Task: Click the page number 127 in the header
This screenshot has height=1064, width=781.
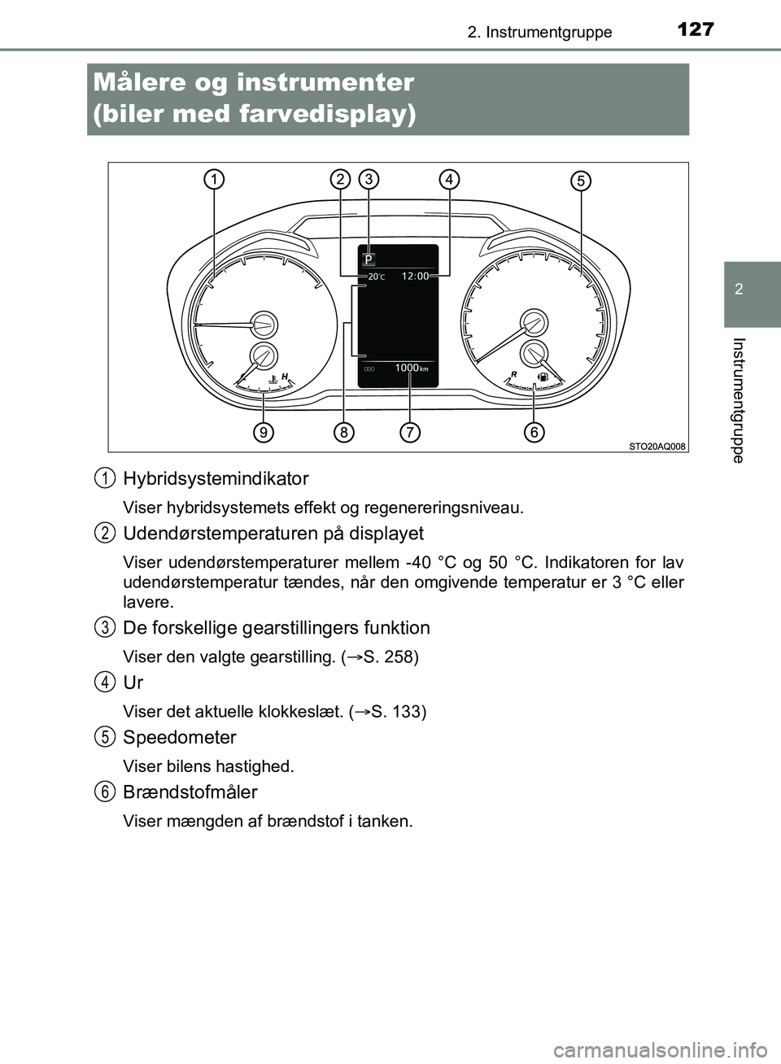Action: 695,29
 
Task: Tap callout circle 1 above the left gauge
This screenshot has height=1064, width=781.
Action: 215,180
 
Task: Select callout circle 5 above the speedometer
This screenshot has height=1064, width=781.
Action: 580,181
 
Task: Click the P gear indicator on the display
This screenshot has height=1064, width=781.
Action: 369,259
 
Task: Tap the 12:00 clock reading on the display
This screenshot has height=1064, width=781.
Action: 415,277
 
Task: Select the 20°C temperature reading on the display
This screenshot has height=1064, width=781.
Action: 376,277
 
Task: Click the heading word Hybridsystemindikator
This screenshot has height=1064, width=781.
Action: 216,478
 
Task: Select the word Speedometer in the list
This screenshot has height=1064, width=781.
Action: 179,737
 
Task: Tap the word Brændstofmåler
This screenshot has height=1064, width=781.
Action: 190,791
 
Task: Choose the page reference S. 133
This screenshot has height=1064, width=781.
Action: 398,712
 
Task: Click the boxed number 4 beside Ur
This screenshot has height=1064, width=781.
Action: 103,682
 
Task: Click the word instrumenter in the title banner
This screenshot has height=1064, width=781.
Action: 325,82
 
